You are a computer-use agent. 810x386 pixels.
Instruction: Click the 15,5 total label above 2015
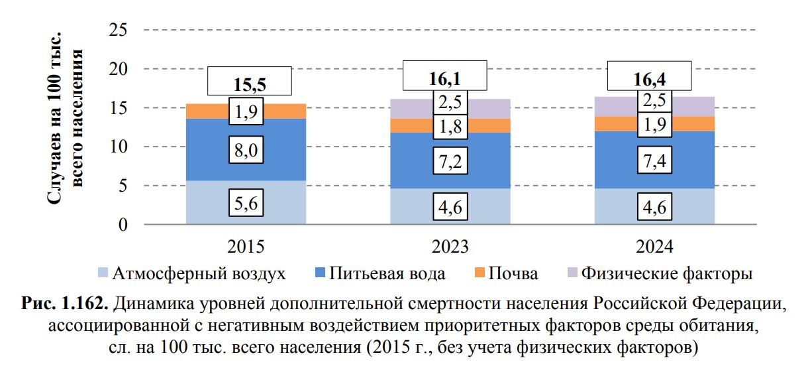(250, 85)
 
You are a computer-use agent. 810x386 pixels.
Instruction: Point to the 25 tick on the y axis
(119, 30)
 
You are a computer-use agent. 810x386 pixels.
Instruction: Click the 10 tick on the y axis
(119, 147)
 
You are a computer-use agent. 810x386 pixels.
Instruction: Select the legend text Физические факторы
(666, 273)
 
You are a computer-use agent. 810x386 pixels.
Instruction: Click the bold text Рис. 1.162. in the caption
(67, 306)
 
